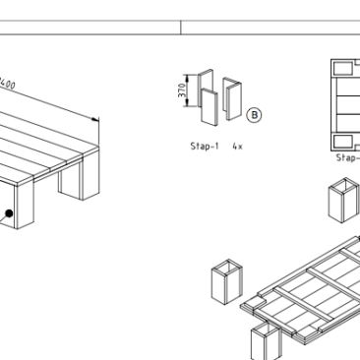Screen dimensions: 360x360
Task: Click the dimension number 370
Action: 181,94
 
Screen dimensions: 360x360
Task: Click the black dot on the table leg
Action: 9,211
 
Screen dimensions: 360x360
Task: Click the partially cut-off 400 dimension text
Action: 13,83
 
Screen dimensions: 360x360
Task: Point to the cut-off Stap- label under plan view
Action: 347,155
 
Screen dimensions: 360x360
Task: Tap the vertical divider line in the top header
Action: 181,27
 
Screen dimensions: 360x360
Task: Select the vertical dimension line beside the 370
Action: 190,94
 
